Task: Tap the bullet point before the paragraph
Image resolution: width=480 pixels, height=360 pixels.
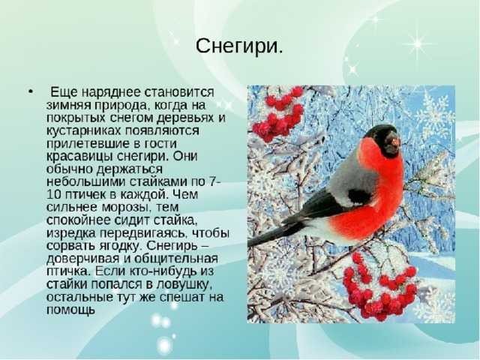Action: tap(30, 91)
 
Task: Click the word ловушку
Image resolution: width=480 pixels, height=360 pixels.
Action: tap(184, 284)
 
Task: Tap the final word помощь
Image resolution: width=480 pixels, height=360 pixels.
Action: tap(71, 310)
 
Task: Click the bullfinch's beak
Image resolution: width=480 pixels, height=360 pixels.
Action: tap(395, 142)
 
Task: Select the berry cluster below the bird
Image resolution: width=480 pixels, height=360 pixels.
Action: tap(379, 288)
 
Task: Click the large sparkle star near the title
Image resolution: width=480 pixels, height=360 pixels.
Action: tap(417, 44)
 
